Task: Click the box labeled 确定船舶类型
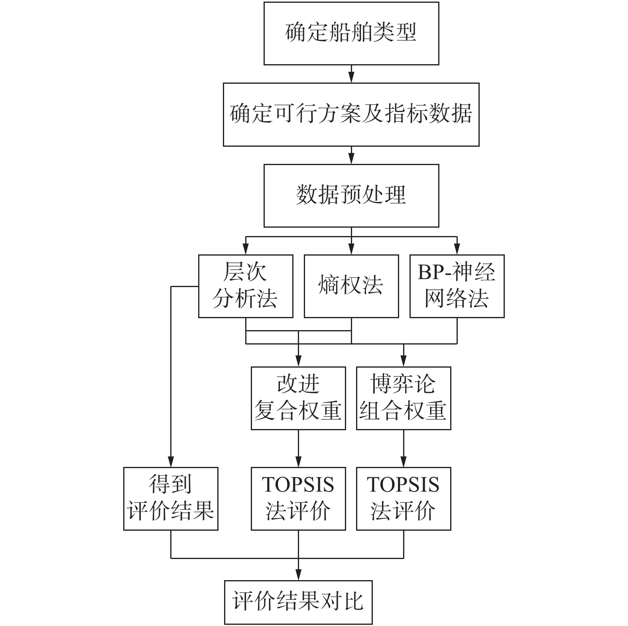(351, 33)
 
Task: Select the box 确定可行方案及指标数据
(351, 114)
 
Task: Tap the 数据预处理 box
(351, 195)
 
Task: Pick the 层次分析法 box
(246, 286)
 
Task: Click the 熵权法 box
(351, 286)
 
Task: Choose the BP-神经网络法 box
(457, 286)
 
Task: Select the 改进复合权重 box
(298, 398)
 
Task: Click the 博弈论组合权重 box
(404, 398)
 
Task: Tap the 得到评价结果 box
(171, 498)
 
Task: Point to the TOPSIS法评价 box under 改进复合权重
(298, 498)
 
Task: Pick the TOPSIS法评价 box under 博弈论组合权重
(404, 498)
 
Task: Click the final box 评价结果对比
(298, 602)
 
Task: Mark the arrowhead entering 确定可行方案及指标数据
(351, 79)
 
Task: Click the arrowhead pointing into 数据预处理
(351, 160)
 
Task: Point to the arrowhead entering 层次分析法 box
(246, 250)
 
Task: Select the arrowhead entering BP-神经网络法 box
(457, 250)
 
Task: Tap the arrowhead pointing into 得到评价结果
(171, 463)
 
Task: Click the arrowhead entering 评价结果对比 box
(298, 576)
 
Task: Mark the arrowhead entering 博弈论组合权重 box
(404, 362)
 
